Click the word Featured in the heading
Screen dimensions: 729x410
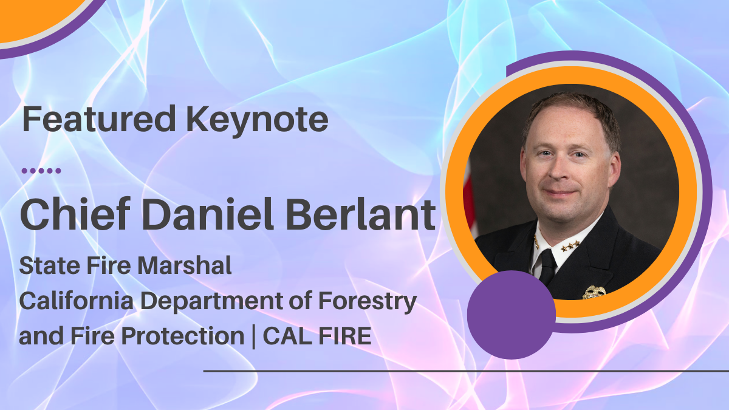(99, 118)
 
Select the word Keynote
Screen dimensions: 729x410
(257, 120)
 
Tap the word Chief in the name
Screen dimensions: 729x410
(75, 213)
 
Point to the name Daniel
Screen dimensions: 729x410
(207, 213)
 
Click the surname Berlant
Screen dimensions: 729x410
(360, 213)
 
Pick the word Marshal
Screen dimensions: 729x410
(185, 265)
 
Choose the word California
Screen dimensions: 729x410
(77, 300)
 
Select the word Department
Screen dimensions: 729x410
(211, 302)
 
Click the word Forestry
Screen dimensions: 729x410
(368, 302)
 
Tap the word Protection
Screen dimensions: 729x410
(183, 335)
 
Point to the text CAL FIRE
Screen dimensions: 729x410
(317, 335)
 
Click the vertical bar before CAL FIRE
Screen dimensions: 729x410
(253, 337)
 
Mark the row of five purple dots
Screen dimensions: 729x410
(41, 171)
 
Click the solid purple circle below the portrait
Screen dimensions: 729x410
(512, 315)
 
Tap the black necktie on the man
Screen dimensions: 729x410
(548, 267)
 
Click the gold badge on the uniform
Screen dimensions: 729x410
(594, 292)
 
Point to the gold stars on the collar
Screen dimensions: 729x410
(570, 245)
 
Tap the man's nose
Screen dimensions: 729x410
(559, 171)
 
